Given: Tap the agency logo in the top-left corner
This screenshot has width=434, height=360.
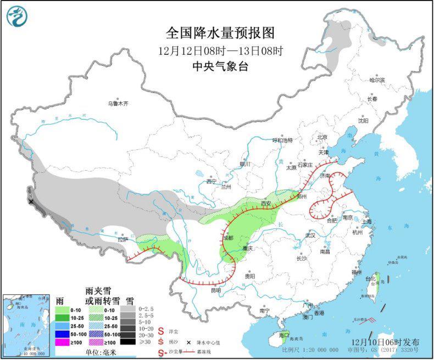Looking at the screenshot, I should pyautogui.click(x=17, y=16).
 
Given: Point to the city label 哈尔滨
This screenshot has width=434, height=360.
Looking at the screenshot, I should pyautogui.click(x=377, y=80).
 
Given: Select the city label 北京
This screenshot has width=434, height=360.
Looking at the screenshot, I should pyautogui.click(x=321, y=137).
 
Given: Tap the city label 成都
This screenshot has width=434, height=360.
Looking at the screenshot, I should pyautogui.click(x=227, y=238).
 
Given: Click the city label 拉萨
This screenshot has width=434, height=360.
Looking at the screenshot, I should pyautogui.click(x=122, y=239).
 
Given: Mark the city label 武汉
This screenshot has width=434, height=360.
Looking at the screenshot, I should pyautogui.click(x=310, y=235).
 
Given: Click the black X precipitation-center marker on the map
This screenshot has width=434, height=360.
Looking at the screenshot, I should pyautogui.click(x=31, y=201).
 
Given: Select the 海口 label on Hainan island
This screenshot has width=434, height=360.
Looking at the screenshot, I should pyautogui.click(x=283, y=335).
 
